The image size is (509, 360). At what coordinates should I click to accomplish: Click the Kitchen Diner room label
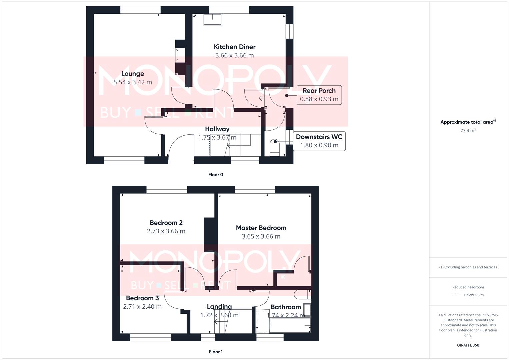tap(234, 47)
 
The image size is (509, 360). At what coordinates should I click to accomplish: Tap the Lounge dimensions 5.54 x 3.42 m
tap(133, 82)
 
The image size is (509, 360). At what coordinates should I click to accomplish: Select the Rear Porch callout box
tap(319, 95)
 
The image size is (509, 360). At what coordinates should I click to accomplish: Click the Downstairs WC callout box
tap(319, 141)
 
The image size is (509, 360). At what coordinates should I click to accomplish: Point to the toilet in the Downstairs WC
tap(275, 147)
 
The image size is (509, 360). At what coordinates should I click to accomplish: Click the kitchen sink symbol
tap(213, 20)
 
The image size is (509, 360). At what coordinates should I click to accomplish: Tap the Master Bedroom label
tap(261, 228)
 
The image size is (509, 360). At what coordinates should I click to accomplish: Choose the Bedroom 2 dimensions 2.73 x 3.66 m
tap(166, 231)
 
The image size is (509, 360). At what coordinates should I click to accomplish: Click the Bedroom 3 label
tap(142, 298)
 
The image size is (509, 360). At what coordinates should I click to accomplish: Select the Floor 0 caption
tap(216, 175)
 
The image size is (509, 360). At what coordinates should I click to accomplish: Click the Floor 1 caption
tap(216, 352)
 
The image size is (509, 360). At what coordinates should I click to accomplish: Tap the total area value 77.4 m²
tap(468, 131)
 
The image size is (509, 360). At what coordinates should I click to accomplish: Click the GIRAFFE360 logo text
tap(468, 345)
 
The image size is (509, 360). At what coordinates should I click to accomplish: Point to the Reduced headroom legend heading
tap(468, 287)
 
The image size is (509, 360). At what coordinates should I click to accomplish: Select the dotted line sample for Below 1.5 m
tap(457, 295)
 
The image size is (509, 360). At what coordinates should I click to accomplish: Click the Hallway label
tap(217, 129)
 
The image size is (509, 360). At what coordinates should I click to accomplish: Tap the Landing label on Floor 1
tap(219, 307)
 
